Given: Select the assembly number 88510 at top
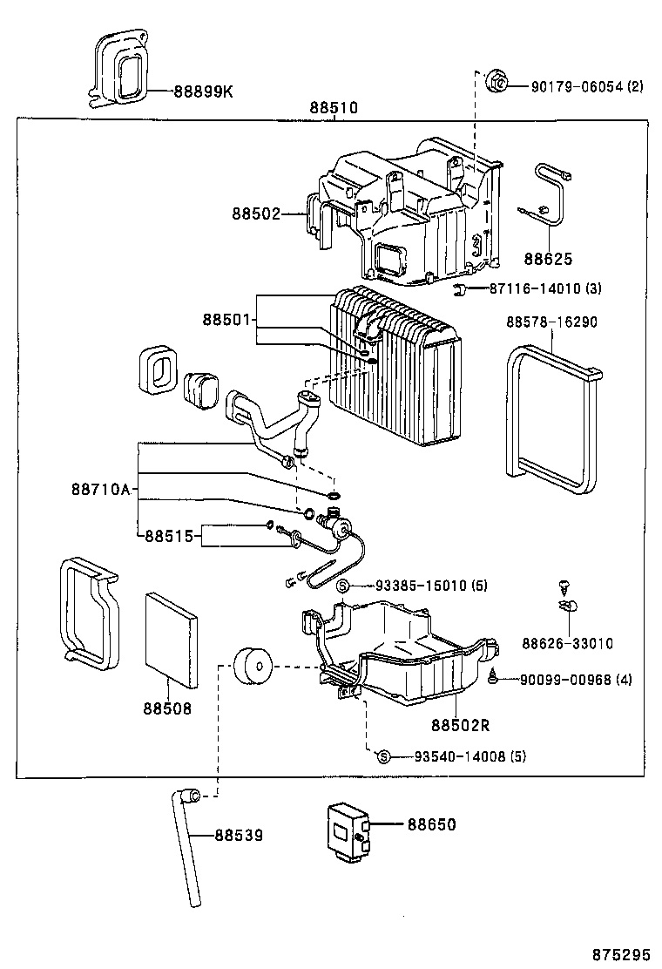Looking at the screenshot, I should tap(334, 108).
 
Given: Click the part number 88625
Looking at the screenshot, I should tap(549, 259).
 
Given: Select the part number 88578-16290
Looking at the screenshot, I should tap(552, 322).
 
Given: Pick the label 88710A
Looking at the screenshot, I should tap(100, 490).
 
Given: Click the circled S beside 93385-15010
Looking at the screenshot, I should tap(344, 585).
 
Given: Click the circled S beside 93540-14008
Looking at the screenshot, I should tap(383, 756).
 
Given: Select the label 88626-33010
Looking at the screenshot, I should tap(568, 644).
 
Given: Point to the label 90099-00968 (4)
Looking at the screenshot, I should tap(577, 680).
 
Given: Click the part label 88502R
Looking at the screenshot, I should tap(461, 724).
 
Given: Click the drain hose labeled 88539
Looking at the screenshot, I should tap(187, 845).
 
